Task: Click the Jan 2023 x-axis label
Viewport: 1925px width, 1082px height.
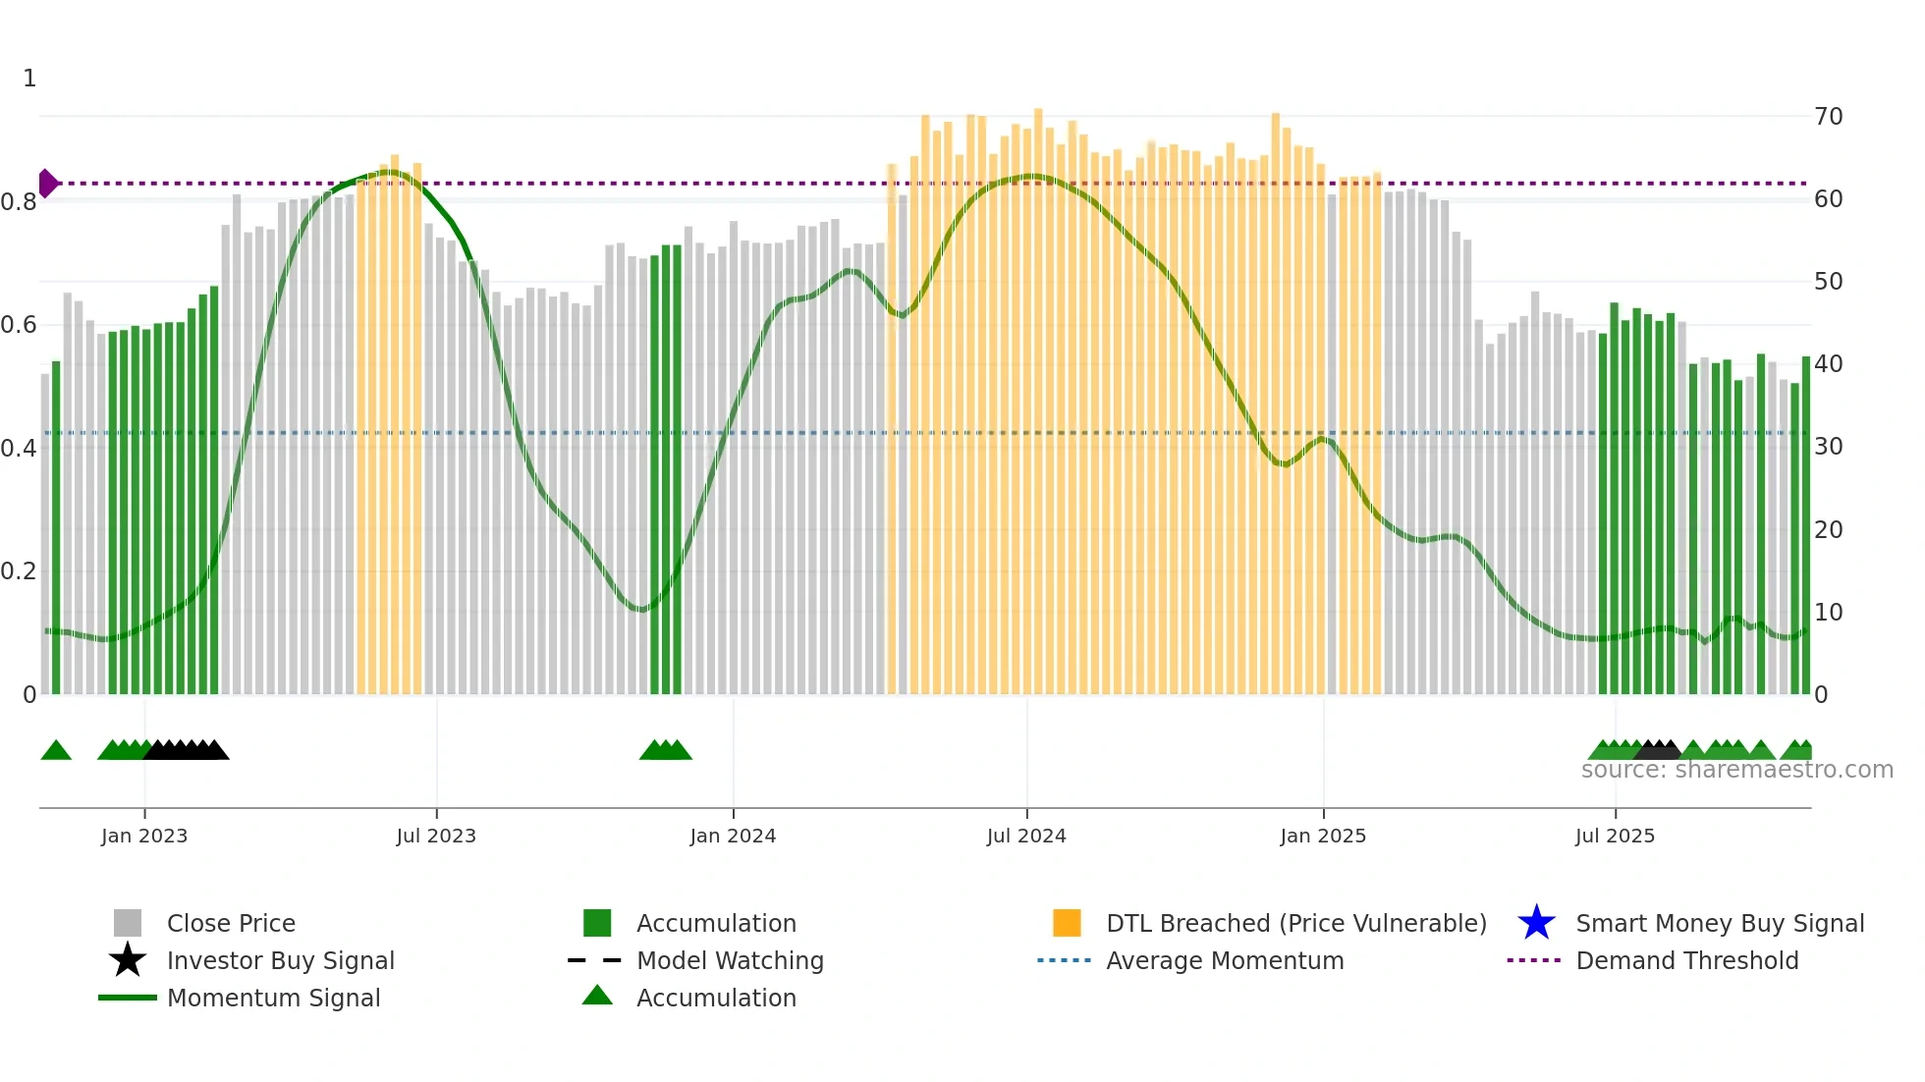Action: click(143, 836)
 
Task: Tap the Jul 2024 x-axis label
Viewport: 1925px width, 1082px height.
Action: click(1026, 836)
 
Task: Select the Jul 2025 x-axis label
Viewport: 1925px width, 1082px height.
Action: click(1615, 836)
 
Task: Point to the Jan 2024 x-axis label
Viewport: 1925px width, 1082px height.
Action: click(733, 836)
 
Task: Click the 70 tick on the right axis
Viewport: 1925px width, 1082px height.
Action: click(1829, 117)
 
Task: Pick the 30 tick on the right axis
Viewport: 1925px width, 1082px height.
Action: click(1829, 447)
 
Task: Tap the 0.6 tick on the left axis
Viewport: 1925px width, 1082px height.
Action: click(19, 325)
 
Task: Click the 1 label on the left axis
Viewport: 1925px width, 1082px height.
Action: click(29, 79)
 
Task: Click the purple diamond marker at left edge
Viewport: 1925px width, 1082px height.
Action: click(47, 183)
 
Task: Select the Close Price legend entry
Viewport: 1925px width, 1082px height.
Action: click(231, 923)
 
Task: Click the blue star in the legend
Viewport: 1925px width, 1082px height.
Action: click(1536, 923)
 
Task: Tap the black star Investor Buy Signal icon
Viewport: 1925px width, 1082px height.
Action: click(128, 960)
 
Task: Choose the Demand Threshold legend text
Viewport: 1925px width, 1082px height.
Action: click(1686, 960)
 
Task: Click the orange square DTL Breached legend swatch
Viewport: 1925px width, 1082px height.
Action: click(1067, 923)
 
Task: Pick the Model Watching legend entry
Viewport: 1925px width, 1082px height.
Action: click(730, 960)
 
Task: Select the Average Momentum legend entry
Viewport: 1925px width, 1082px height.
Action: click(1225, 960)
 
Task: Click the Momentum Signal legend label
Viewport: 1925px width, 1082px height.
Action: click(273, 998)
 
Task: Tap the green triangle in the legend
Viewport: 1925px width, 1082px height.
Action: click(597, 996)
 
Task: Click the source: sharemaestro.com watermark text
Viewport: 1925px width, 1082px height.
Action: click(1736, 770)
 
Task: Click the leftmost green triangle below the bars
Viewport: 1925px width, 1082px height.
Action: click(56, 751)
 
